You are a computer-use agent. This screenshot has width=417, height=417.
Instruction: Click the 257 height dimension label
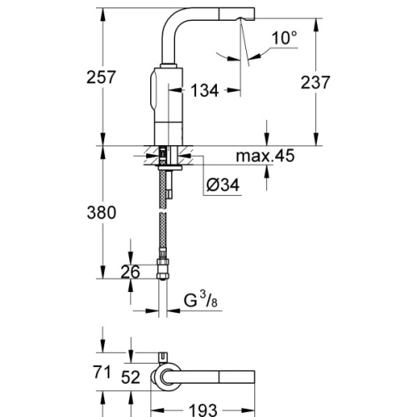click(x=99, y=77)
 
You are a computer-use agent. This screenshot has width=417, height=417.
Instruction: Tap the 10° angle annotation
click(x=283, y=38)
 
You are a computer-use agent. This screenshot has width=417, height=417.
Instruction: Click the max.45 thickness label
click(x=264, y=156)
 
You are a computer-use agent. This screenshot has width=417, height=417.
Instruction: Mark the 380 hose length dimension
click(x=99, y=213)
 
